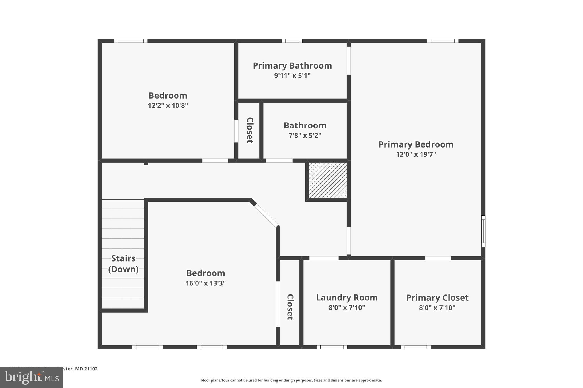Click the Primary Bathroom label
click(292, 66)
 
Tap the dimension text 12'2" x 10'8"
click(168, 106)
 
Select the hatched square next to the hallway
click(328, 180)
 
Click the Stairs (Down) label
click(123, 263)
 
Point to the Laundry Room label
click(347, 298)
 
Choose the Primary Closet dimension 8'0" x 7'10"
click(437, 308)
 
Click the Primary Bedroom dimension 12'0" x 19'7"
click(416, 154)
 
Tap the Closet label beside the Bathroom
click(250, 130)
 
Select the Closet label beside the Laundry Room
click(290, 307)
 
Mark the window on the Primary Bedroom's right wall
click(483, 231)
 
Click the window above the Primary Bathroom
click(292, 41)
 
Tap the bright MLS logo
click(32, 378)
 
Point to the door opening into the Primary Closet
click(438, 258)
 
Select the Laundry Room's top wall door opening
click(324, 258)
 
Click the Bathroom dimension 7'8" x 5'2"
click(305, 136)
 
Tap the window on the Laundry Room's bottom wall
click(332, 347)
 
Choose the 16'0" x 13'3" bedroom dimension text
click(206, 283)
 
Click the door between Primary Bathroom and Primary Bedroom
click(348, 61)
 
